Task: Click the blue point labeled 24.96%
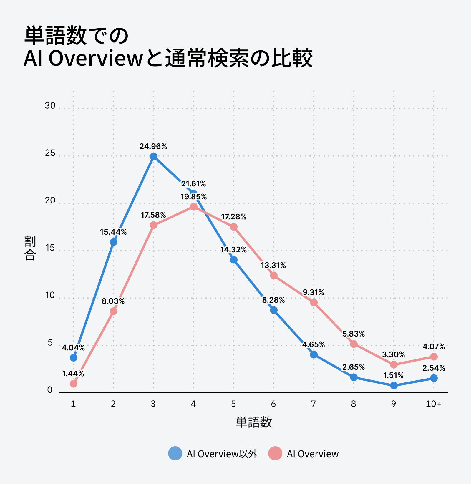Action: (153, 156)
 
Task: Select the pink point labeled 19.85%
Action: (193, 207)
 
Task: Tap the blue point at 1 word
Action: (74, 358)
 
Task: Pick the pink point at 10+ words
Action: (434, 357)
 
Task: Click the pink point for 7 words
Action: (314, 302)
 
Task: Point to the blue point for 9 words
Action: (394, 385)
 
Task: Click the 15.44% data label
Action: (113, 232)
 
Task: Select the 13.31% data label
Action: (273, 265)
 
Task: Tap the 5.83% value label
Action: (354, 334)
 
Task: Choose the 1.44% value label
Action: (73, 374)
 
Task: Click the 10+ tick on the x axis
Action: (434, 404)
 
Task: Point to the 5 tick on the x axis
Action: (233, 404)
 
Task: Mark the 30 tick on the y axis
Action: (50, 105)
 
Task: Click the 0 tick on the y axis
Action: (50, 390)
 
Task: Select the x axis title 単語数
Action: (254, 422)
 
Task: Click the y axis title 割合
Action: (30, 248)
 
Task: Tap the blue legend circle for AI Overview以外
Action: (175, 453)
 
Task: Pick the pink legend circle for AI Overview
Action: (275, 453)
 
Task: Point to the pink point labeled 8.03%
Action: (114, 311)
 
